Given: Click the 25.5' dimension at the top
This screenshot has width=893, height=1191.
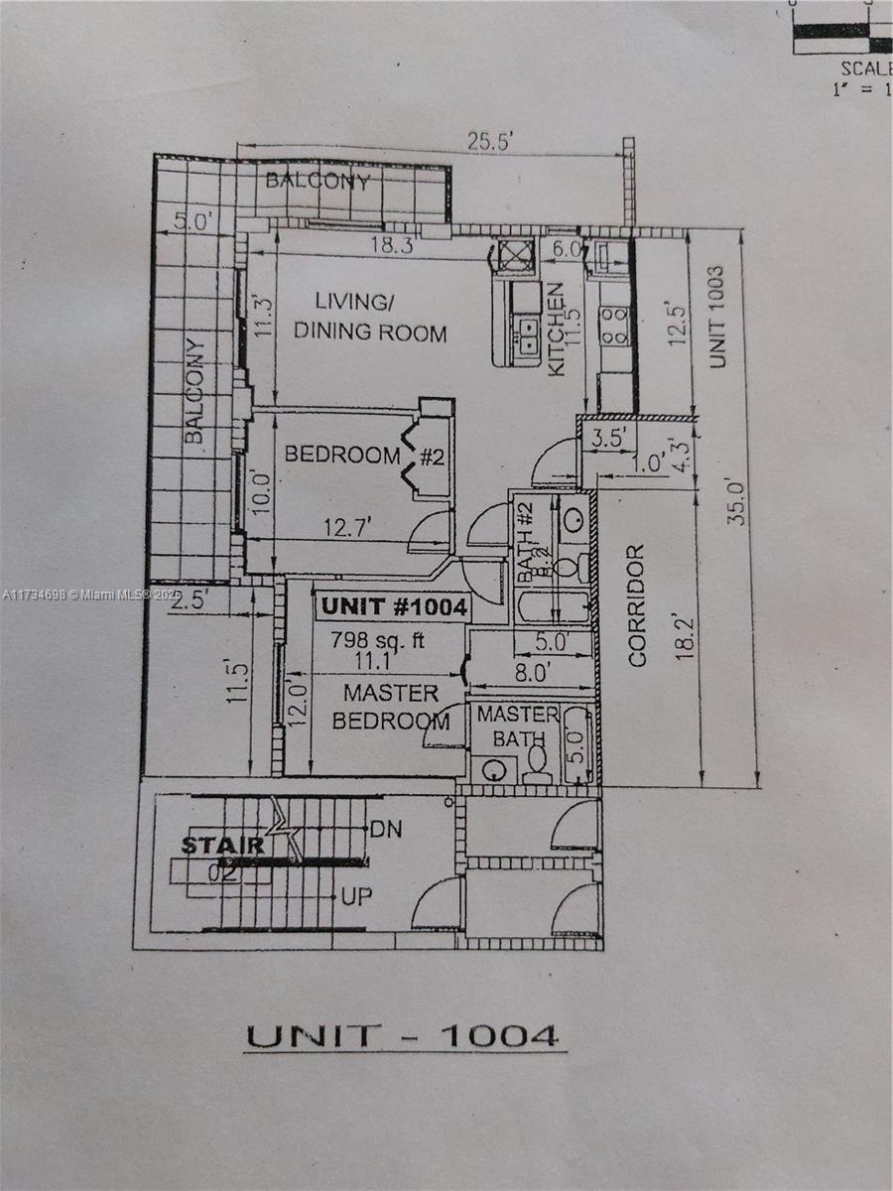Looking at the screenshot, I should tap(489, 143).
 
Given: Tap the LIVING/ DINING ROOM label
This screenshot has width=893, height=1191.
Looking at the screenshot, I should tap(369, 317).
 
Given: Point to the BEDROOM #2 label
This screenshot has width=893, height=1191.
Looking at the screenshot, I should tap(363, 456).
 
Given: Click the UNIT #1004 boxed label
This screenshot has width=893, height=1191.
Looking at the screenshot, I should tap(393, 607).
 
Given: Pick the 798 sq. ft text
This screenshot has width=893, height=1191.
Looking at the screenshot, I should tap(377, 640).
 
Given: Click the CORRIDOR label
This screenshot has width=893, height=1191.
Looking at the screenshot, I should tap(637, 604).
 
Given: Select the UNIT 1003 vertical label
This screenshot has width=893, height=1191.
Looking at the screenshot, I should tap(717, 317).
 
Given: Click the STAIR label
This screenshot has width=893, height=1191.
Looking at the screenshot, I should tap(223, 846).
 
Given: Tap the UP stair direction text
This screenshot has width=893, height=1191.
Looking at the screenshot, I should tap(357, 897).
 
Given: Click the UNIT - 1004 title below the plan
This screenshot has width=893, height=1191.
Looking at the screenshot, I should tap(402, 1035).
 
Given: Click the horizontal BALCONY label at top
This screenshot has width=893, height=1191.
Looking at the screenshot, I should tap(318, 182).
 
